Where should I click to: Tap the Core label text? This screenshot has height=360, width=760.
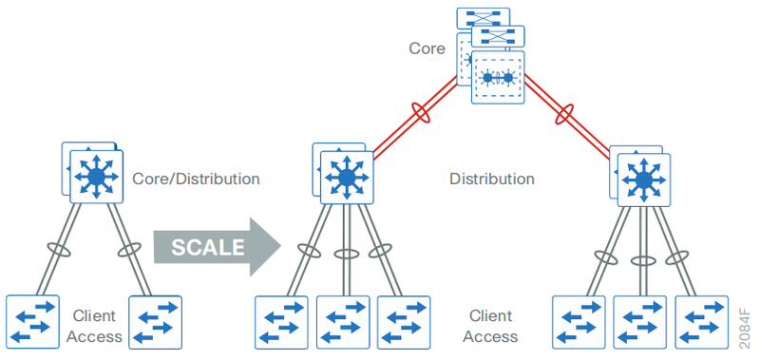click(427, 47)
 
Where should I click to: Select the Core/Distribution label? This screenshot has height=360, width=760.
click(196, 179)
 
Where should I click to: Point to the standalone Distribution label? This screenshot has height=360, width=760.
click(491, 179)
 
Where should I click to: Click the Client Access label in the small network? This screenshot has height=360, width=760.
click(98, 325)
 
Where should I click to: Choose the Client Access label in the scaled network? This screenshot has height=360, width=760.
click(490, 325)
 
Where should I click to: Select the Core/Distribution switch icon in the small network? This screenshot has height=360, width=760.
click(95, 177)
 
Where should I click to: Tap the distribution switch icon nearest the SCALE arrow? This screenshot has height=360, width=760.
click(346, 177)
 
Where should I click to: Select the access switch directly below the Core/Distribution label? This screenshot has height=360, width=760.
click(155, 322)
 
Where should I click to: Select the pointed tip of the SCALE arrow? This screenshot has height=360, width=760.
click(280, 247)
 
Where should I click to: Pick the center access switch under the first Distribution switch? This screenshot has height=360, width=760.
click(343, 322)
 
